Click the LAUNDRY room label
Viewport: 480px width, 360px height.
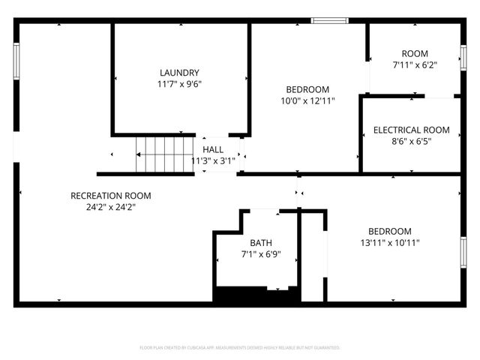179,73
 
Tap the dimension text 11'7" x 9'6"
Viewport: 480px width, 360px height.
179,85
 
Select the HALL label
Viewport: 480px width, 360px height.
213,150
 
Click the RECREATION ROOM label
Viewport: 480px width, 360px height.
110,196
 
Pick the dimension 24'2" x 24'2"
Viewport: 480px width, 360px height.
110,207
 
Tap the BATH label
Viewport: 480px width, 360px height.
261,243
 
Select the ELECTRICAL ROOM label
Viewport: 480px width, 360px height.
412,130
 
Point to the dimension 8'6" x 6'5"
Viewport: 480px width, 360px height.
412,141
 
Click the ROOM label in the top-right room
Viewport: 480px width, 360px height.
415,53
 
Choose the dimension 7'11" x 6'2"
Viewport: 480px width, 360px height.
415,65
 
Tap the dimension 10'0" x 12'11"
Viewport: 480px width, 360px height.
307,100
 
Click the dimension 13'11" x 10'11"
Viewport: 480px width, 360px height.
389,242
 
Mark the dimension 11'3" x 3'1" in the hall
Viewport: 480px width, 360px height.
213,160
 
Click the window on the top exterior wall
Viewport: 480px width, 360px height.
329,20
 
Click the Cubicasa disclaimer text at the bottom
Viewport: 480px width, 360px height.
240,348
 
